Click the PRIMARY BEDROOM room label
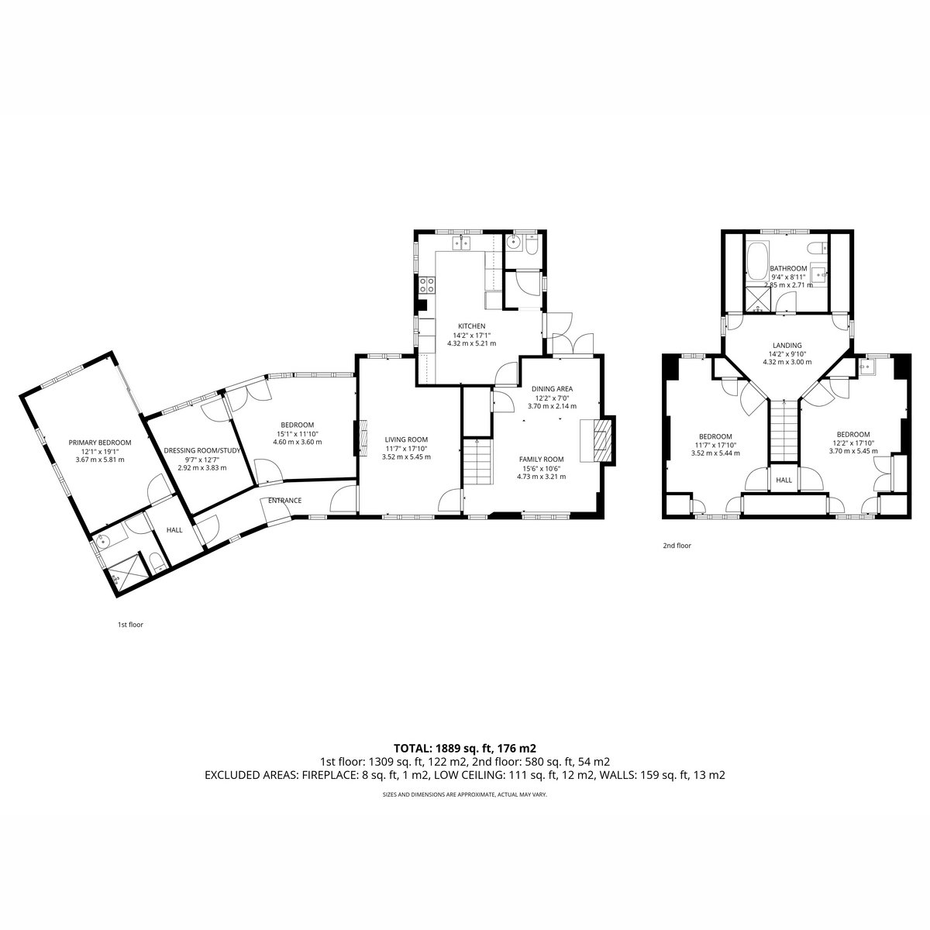[x=99, y=442]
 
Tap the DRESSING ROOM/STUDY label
[x=201, y=450]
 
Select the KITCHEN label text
[x=471, y=325]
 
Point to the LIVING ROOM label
[x=406, y=439]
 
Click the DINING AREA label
[x=552, y=388]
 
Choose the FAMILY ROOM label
[x=541, y=459]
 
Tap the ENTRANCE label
[x=284, y=501]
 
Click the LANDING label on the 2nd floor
[x=787, y=345]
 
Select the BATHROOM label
[x=788, y=268]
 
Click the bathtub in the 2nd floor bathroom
[x=756, y=262]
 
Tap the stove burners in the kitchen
[x=426, y=284]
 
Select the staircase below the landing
[x=784, y=430]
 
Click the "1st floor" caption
[x=130, y=624]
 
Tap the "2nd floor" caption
[x=677, y=546]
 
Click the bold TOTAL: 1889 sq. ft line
[x=465, y=748]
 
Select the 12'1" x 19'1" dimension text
[x=100, y=451]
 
